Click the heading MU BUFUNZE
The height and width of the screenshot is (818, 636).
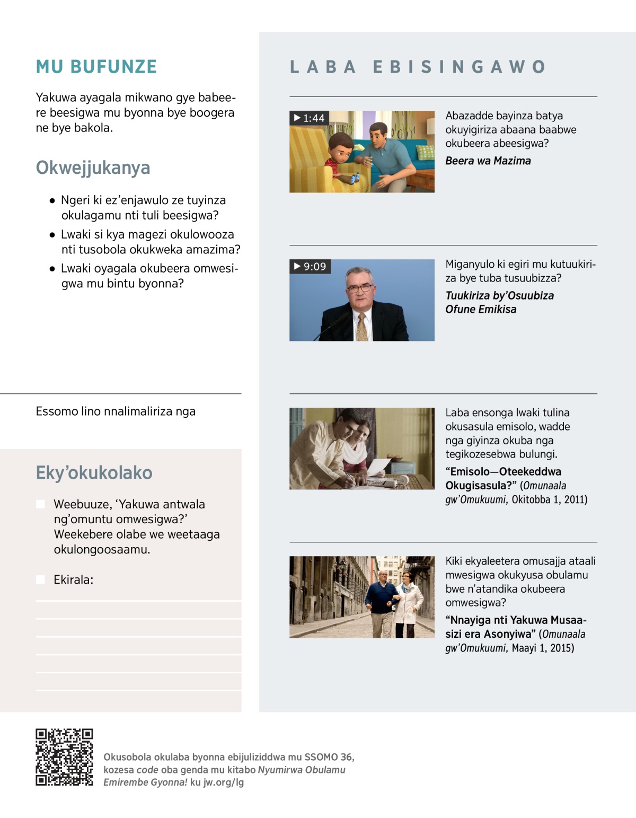click(96, 67)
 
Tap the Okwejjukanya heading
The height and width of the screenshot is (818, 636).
click(93, 168)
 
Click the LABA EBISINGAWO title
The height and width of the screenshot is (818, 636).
click(418, 67)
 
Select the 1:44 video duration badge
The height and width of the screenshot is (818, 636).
click(309, 118)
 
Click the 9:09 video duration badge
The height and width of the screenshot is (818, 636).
click(310, 266)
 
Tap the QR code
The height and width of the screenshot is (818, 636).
click(64, 757)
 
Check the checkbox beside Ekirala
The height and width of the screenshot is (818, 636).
click(40, 579)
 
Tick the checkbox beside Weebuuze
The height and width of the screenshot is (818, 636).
click(40, 504)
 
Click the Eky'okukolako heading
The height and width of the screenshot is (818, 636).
click(94, 472)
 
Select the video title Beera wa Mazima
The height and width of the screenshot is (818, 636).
click(488, 161)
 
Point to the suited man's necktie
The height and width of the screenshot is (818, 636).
click(362, 326)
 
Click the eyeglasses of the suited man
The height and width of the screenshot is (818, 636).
click(360, 288)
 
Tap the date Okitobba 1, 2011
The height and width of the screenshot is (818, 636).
click(550, 499)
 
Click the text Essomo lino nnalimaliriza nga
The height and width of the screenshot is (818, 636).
click(116, 411)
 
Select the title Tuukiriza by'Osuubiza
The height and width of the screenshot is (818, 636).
click(499, 295)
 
